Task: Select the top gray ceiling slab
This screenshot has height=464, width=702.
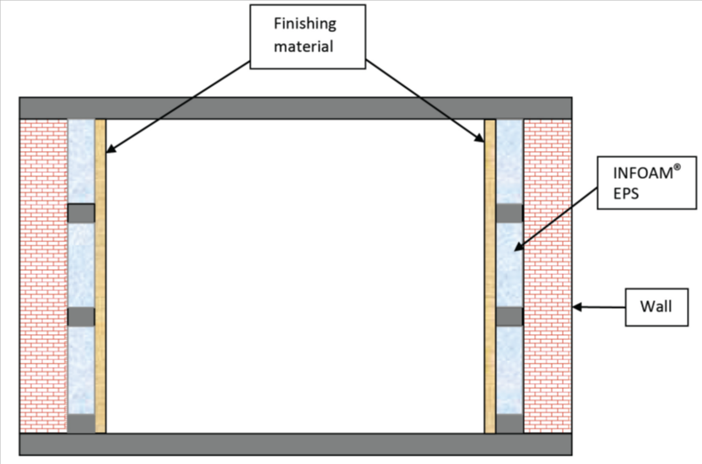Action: pyautogui.click(x=296, y=108)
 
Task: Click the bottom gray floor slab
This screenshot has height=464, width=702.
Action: pyautogui.click(x=296, y=445)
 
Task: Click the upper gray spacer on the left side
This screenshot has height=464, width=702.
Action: pyautogui.click(x=81, y=213)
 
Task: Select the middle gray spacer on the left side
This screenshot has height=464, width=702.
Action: pyautogui.click(x=81, y=317)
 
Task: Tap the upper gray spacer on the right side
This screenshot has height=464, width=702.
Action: pyautogui.click(x=510, y=213)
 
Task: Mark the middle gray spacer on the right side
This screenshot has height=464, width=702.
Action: pyautogui.click(x=510, y=317)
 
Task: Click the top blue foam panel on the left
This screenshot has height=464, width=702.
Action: pyautogui.click(x=81, y=160)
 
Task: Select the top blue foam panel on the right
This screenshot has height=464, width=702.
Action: pyautogui.click(x=510, y=160)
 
